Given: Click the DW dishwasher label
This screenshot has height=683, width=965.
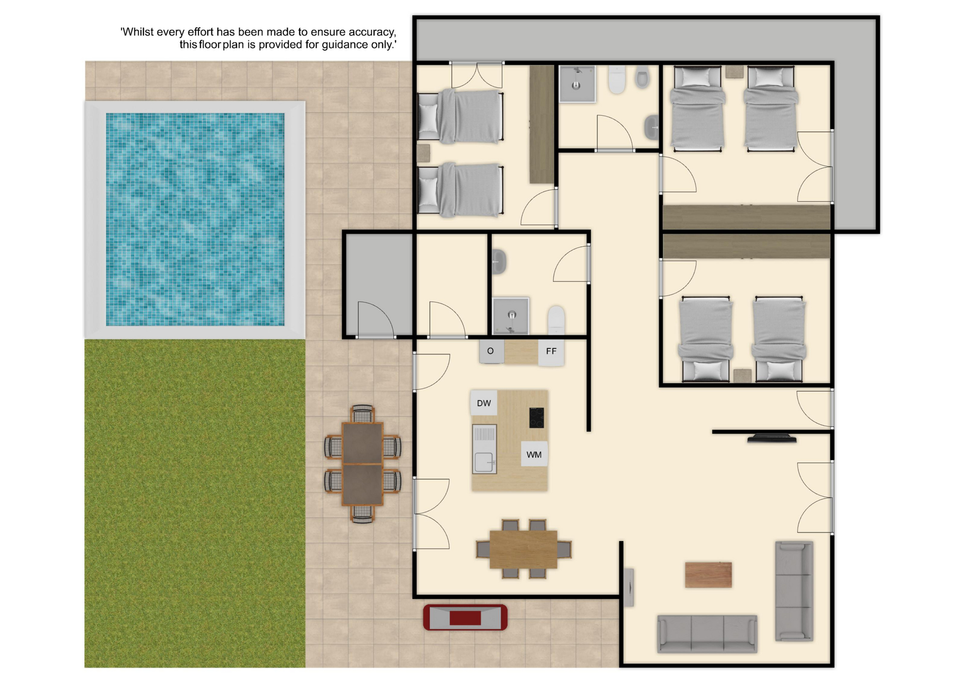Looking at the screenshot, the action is pyautogui.click(x=484, y=403).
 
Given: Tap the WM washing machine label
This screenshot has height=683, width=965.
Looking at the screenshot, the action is pyautogui.click(x=534, y=455).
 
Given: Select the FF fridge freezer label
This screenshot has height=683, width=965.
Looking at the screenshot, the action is pyautogui.click(x=551, y=351).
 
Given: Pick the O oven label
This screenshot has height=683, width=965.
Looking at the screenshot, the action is pyautogui.click(x=491, y=351).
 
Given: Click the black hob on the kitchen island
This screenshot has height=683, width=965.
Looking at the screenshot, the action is pyautogui.click(x=536, y=417).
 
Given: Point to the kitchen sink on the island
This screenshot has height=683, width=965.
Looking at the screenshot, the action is pyautogui.click(x=485, y=449).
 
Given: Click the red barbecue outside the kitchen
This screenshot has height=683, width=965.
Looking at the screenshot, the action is pyautogui.click(x=465, y=617).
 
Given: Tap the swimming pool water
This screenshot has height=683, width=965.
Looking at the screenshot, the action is pyautogui.click(x=195, y=219).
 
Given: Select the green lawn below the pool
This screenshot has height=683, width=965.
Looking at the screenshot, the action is pyautogui.click(x=195, y=503).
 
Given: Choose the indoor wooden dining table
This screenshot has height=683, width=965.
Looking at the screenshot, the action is pyautogui.click(x=523, y=549).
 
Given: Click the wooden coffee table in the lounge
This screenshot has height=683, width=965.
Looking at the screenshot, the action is pyautogui.click(x=708, y=575).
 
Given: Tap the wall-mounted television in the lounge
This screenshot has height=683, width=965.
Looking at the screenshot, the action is pyautogui.click(x=771, y=438).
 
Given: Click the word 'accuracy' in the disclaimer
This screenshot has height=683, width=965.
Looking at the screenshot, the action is pyautogui.click(x=372, y=32).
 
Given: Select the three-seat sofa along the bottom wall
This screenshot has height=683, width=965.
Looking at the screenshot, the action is pyautogui.click(x=707, y=634).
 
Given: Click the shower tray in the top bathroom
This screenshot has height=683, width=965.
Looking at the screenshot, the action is pyautogui.click(x=577, y=84).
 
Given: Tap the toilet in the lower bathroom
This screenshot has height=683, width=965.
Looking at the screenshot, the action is pyautogui.click(x=556, y=320).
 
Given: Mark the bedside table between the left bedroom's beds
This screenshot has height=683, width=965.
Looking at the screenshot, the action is pyautogui.click(x=424, y=153).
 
